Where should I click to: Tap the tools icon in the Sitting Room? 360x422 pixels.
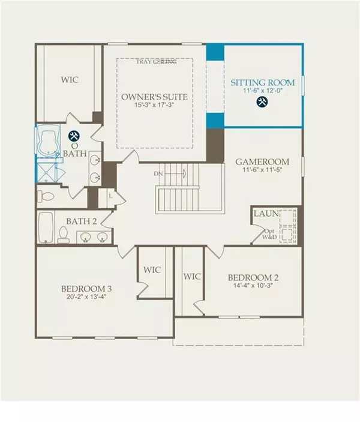[x=262, y=102]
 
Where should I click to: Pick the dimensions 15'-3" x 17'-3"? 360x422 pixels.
[x=154, y=106]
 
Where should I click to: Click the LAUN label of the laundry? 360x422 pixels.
[x=265, y=213]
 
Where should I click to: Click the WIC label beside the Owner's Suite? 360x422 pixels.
[x=70, y=79]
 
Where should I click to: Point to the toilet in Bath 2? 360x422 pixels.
[x=62, y=235]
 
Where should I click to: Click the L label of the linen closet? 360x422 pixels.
[x=110, y=196]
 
